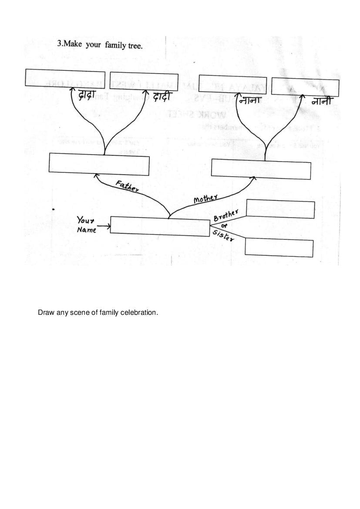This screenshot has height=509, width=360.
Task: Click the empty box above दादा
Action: point(65,78)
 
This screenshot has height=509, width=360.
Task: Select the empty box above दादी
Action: point(144,81)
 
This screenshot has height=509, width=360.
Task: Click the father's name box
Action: point(99,165)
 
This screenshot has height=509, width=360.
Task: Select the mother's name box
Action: point(261,169)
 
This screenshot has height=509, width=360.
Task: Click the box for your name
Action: point(160,226)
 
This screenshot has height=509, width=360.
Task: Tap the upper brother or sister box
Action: point(280,209)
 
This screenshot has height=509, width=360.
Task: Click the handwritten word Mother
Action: point(205,199)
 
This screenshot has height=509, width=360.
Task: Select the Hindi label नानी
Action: point(323,101)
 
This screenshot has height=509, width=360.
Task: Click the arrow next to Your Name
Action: point(104,226)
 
